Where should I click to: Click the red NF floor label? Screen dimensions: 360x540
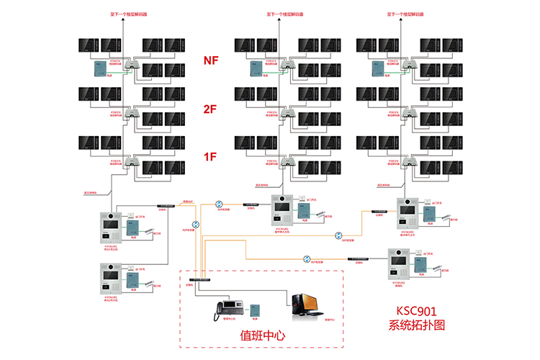[210, 61]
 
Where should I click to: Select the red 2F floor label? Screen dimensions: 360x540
[210, 109]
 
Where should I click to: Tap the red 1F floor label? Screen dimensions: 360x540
[210, 156]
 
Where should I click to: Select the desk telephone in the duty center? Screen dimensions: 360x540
[228, 310]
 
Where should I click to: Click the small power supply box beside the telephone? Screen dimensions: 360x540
[254, 311]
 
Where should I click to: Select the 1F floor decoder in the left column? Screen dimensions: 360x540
[131, 161]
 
